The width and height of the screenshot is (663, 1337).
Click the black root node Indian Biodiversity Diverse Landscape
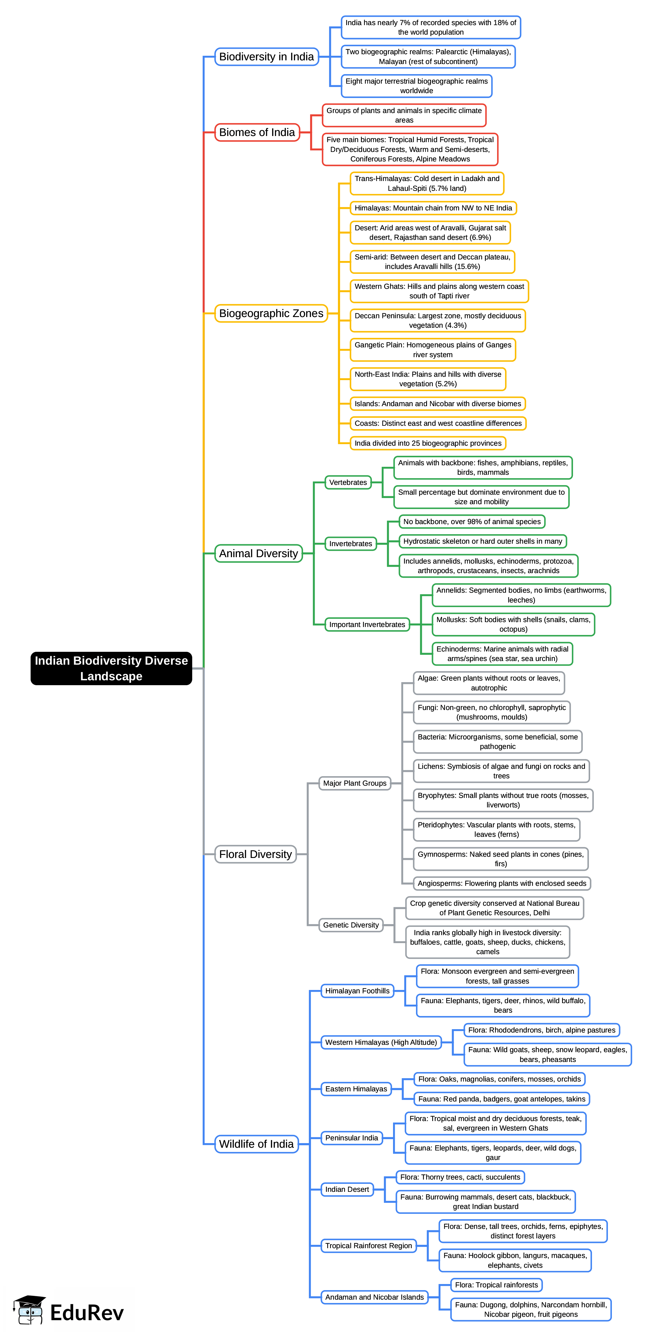[x=111, y=668]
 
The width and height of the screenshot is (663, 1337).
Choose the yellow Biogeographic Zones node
[x=271, y=313]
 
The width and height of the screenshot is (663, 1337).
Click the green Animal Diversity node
[x=258, y=553]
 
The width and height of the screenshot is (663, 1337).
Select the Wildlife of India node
[x=256, y=1144]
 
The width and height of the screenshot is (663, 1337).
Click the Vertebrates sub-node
[x=348, y=482]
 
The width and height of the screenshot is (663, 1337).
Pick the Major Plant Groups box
[x=355, y=783]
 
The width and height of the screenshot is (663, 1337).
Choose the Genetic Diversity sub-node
[x=351, y=925]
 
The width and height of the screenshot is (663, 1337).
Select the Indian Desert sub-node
[x=347, y=1189]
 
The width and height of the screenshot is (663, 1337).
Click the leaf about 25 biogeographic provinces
[x=428, y=443]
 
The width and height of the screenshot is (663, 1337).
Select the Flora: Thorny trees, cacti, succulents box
[x=460, y=1177]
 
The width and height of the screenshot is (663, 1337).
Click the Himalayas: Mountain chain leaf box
[x=433, y=208]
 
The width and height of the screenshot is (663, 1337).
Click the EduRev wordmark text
[x=87, y=1312]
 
